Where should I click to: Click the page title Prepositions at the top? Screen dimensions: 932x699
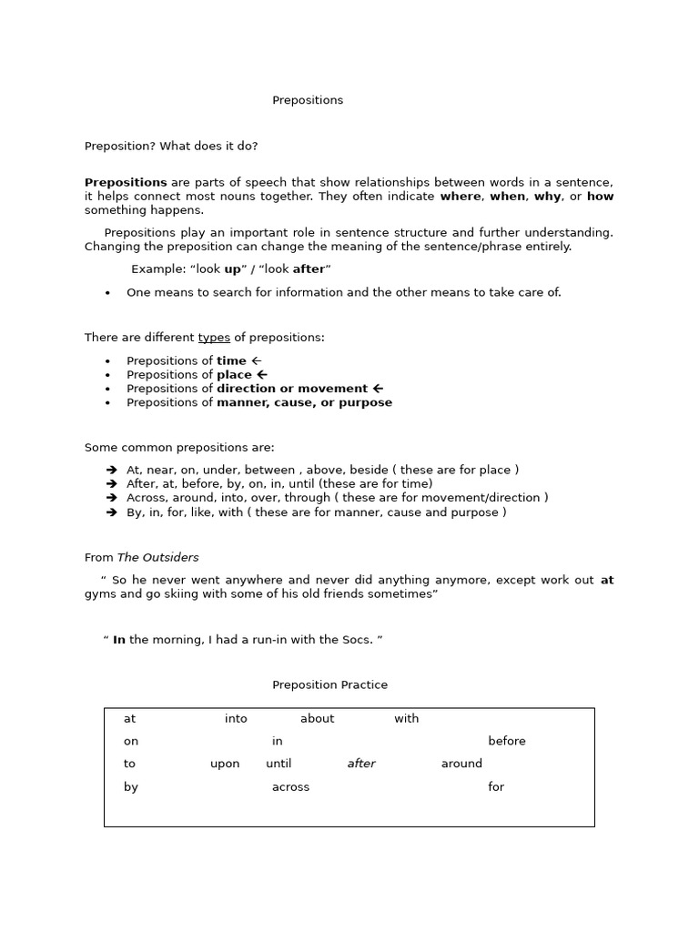click(308, 101)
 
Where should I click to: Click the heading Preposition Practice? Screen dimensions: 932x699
click(329, 685)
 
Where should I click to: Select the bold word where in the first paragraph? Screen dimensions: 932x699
click(461, 197)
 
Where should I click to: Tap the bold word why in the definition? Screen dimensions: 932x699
click(547, 197)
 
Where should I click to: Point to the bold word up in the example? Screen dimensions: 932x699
click(233, 269)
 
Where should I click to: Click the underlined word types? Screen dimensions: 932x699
click(214, 338)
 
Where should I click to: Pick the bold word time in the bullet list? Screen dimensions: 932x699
click(231, 361)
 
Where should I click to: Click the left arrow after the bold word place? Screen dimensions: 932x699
click(262, 375)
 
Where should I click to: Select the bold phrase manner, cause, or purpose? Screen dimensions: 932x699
click(304, 403)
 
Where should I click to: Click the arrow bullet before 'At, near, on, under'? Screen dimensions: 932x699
click(111, 471)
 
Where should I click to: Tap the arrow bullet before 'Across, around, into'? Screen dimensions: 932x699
click(111, 499)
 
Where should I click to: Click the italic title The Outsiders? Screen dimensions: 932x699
click(157, 558)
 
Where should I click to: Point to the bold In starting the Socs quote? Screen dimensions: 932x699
click(119, 641)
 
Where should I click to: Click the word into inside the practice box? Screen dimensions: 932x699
click(236, 719)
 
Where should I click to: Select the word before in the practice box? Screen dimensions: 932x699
click(506, 742)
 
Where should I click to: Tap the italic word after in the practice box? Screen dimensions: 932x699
click(361, 765)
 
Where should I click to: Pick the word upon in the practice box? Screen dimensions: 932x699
click(225, 765)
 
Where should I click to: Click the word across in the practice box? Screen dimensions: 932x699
click(290, 787)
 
